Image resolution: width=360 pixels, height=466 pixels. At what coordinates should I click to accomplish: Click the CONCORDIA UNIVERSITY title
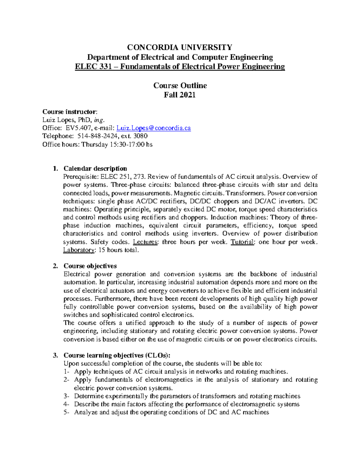[180, 47]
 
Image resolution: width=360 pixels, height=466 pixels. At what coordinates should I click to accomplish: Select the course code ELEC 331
[89, 67]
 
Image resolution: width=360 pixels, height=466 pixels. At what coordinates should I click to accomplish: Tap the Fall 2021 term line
[180, 95]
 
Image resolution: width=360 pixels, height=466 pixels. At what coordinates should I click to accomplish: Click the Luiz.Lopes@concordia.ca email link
[153, 128]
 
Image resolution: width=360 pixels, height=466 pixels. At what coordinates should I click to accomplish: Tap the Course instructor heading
[70, 112]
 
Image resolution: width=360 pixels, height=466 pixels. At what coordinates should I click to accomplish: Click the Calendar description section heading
[95, 168]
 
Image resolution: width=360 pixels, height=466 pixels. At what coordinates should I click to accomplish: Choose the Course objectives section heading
[90, 266]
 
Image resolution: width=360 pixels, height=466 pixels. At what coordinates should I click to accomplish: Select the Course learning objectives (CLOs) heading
[117, 355]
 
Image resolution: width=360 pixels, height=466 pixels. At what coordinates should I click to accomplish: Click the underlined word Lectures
[145, 242]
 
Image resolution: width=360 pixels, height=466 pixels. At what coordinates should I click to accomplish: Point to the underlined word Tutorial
[242, 242]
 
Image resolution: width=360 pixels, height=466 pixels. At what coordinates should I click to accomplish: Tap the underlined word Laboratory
[79, 250]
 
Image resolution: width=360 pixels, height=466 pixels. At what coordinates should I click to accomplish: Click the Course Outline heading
[180, 86]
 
